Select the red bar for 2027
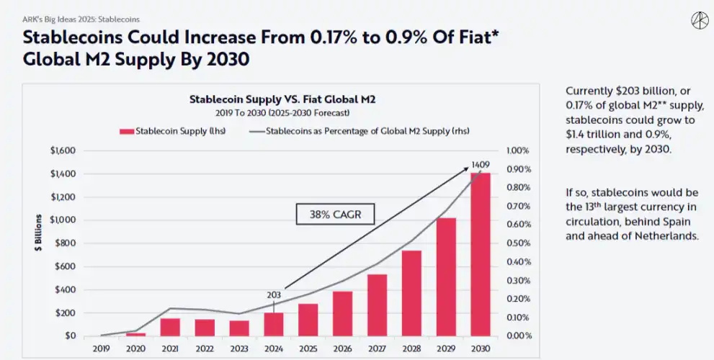click(377, 305)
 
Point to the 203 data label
click(275, 294)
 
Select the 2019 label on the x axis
click(102, 348)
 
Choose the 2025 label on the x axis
click(308, 348)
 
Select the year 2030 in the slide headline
click(227, 59)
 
